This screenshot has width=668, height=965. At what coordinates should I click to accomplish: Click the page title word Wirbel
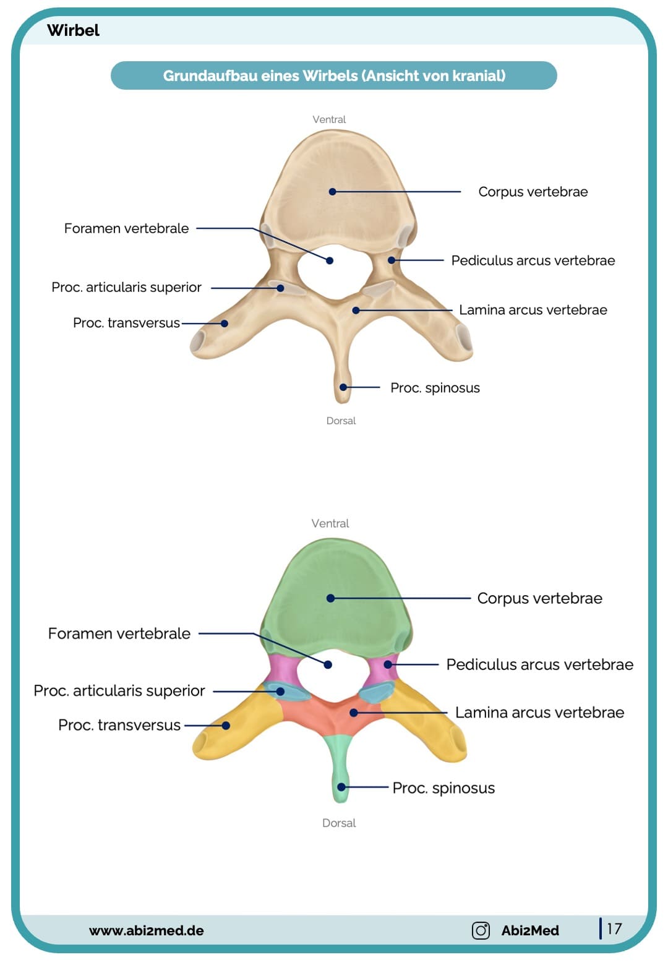(x=73, y=30)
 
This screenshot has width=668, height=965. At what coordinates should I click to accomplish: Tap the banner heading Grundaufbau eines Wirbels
(x=334, y=75)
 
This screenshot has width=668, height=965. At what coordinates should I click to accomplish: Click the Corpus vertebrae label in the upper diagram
(x=533, y=192)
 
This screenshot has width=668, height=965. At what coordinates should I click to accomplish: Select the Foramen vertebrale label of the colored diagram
(x=119, y=633)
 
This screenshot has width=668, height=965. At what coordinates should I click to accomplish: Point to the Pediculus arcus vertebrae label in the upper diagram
(x=533, y=260)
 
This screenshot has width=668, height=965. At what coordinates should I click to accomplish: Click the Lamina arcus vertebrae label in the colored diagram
(x=539, y=713)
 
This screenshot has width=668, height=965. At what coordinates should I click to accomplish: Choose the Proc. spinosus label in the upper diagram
(x=435, y=388)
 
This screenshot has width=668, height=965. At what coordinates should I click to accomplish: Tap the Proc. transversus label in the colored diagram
(x=119, y=725)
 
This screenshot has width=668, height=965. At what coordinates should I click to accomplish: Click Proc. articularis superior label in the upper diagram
(x=126, y=287)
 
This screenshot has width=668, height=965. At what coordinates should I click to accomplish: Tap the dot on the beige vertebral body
(x=332, y=192)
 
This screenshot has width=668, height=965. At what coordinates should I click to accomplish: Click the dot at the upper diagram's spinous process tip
(x=343, y=387)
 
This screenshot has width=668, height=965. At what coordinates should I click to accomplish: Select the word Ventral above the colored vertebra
(x=330, y=523)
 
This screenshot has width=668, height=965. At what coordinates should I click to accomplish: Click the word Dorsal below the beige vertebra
(x=341, y=421)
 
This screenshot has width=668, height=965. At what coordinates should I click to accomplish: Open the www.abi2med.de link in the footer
(x=146, y=930)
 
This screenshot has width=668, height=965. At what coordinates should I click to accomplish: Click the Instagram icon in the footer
(x=481, y=930)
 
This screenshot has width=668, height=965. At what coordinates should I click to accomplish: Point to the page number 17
(x=614, y=929)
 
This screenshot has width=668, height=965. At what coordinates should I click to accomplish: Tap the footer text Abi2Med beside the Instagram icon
(x=530, y=930)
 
